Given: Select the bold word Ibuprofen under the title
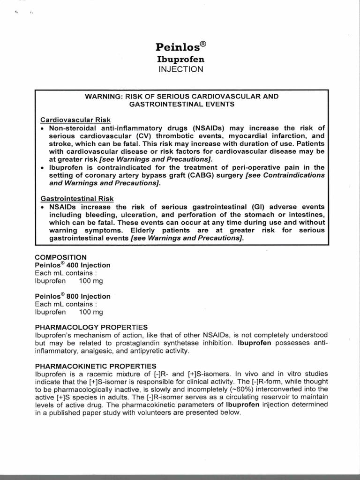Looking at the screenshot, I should point(180,60).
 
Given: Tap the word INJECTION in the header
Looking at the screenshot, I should point(180,69).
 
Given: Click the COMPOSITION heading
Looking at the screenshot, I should point(61,257).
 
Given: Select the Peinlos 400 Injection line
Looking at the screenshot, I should point(72,265).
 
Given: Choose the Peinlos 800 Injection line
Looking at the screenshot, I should point(73,296).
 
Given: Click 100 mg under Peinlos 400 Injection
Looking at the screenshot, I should point(91,281).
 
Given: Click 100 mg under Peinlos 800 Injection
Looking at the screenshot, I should point(91,312).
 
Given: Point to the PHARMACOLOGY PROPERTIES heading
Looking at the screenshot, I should point(91,327).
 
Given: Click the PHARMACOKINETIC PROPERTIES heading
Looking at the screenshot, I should point(96,366).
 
